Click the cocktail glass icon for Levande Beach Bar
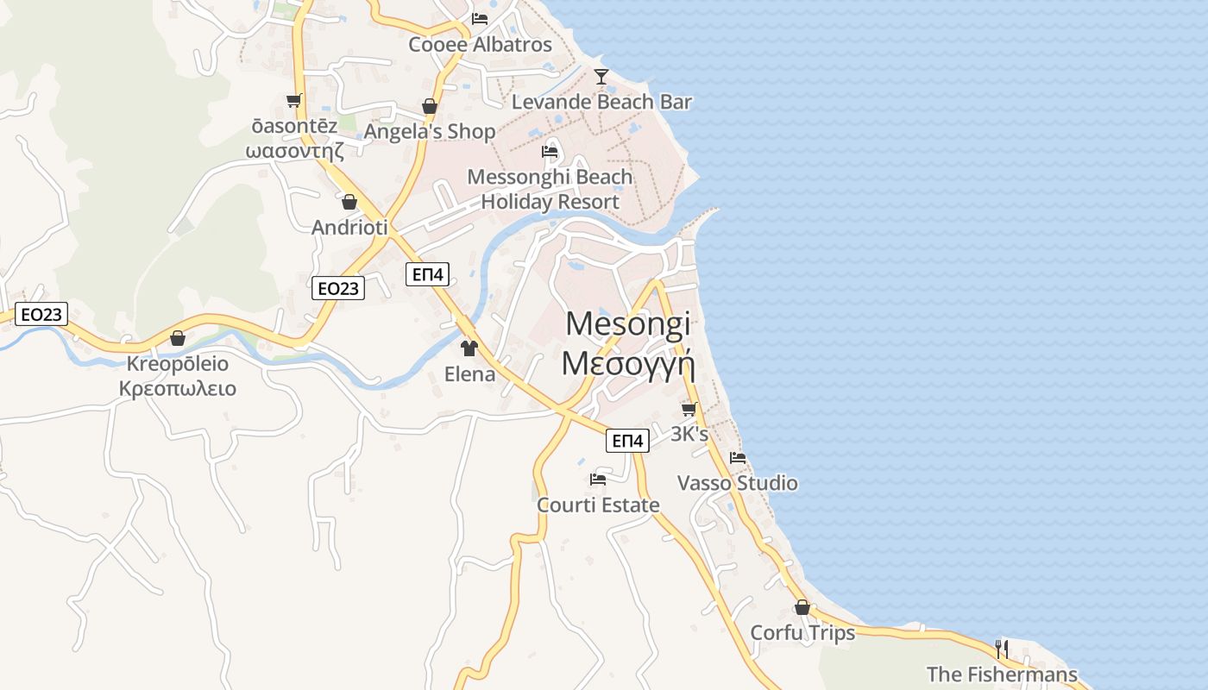point(601,77)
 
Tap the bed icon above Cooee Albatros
point(480,18)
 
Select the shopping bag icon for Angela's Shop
point(429,106)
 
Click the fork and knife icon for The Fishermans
point(1002,649)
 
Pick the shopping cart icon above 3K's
point(689,409)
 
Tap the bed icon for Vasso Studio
point(737,458)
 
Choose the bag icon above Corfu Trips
point(802,607)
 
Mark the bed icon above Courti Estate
point(598,480)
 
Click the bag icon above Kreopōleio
point(178,338)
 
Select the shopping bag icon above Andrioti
point(349,202)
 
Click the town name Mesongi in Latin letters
point(628,324)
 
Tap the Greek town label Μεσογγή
point(628,363)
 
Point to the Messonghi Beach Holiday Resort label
point(550,190)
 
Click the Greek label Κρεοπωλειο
point(178,388)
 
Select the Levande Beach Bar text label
point(601,102)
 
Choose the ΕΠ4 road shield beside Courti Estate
point(627,441)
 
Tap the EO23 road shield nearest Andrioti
point(338,288)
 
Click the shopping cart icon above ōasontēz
point(293,101)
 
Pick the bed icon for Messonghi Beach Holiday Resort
point(550,152)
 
